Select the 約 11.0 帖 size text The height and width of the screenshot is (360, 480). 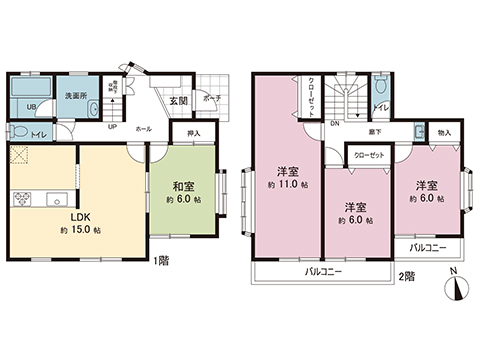286,186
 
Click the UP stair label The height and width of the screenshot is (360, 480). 111,128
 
